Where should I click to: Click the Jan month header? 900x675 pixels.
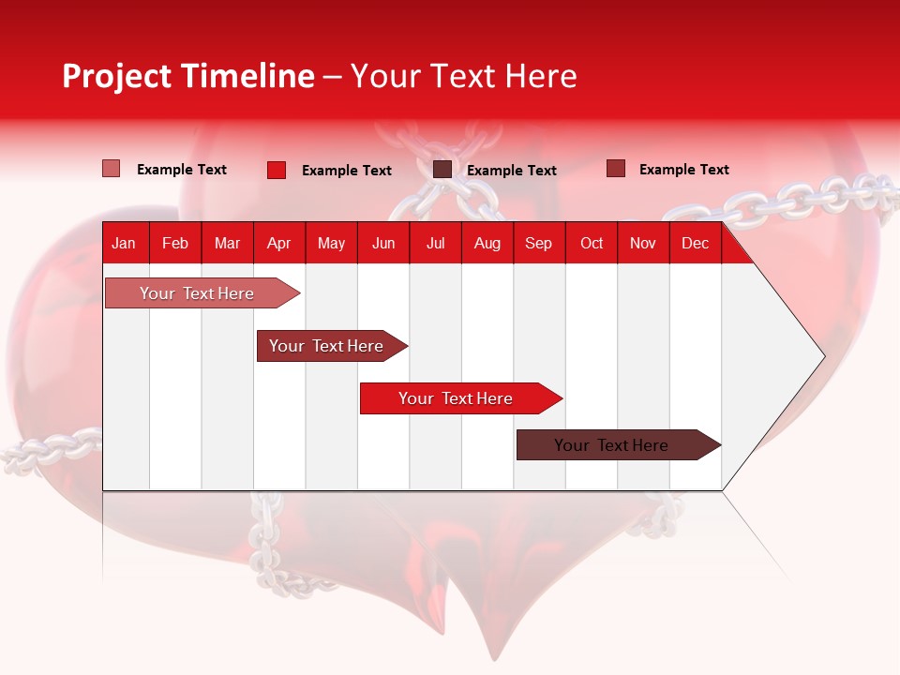(124, 243)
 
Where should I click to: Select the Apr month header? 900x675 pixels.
(278, 243)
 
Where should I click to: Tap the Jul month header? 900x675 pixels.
(435, 243)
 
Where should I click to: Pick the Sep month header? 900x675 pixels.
(538, 243)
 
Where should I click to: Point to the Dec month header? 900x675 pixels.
(695, 243)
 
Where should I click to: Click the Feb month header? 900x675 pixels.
(175, 243)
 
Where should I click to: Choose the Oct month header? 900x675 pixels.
(592, 243)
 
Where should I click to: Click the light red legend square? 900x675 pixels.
(111, 169)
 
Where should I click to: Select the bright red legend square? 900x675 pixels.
(276, 170)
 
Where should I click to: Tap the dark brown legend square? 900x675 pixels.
(442, 170)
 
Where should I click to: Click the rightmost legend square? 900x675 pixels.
(615, 169)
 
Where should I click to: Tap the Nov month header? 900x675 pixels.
(643, 243)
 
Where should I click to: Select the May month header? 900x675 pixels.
(331, 243)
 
